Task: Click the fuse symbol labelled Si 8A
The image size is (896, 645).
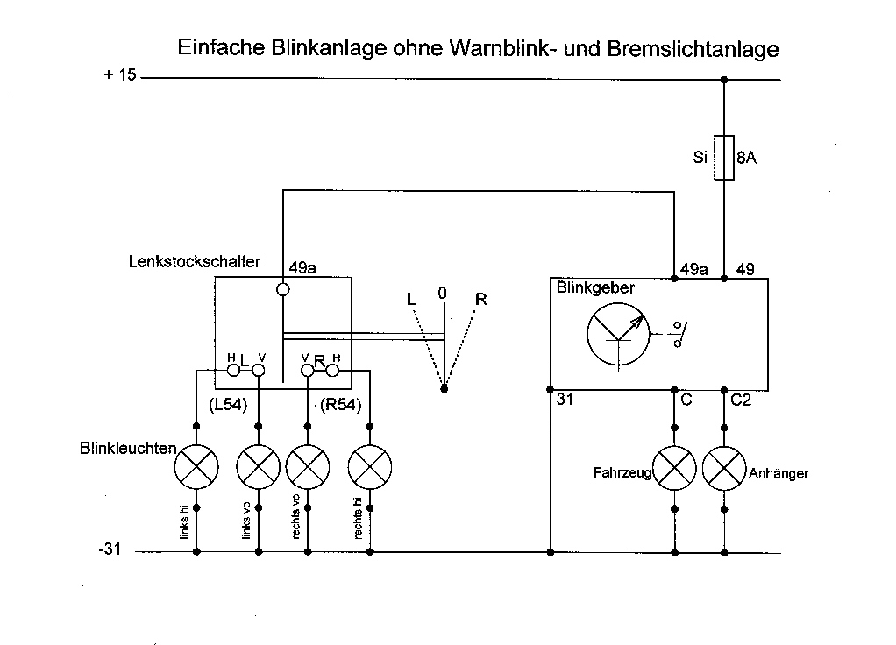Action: (724, 158)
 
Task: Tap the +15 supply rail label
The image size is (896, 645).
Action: (120, 75)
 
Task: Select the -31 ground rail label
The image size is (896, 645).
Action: (111, 550)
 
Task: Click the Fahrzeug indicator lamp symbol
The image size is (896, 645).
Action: (673, 471)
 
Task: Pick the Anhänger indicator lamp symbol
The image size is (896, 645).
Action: (724, 471)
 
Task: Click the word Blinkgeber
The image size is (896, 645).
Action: (595, 287)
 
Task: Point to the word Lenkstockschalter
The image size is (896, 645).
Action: (193, 262)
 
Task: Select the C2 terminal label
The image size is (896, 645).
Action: (741, 400)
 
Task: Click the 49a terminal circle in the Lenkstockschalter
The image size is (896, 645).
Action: (283, 290)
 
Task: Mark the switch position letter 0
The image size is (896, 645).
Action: (443, 292)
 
